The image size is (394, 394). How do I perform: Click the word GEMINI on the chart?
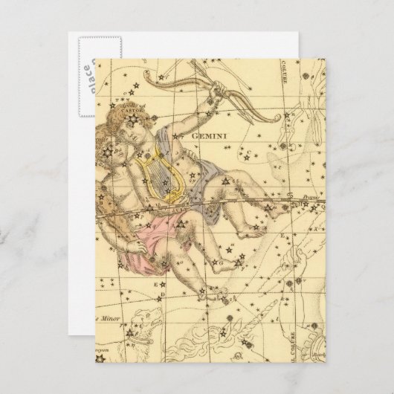coord(213,136)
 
